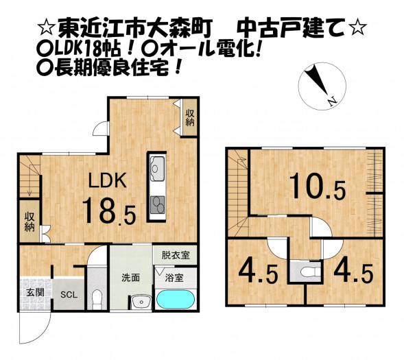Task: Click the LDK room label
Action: (x=108, y=180)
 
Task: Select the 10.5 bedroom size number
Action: (x=318, y=187)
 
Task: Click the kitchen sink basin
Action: (x=156, y=169)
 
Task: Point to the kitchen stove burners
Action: (x=157, y=205)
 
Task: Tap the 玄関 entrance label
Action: (x=35, y=292)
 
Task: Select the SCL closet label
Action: (x=69, y=295)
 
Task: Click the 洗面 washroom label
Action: (x=130, y=278)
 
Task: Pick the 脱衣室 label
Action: (x=176, y=255)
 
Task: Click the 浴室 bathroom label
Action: (x=174, y=278)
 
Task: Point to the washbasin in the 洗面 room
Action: (x=141, y=302)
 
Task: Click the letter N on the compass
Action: (x=333, y=100)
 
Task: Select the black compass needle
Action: (x=316, y=80)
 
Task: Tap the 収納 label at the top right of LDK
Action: (x=190, y=117)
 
